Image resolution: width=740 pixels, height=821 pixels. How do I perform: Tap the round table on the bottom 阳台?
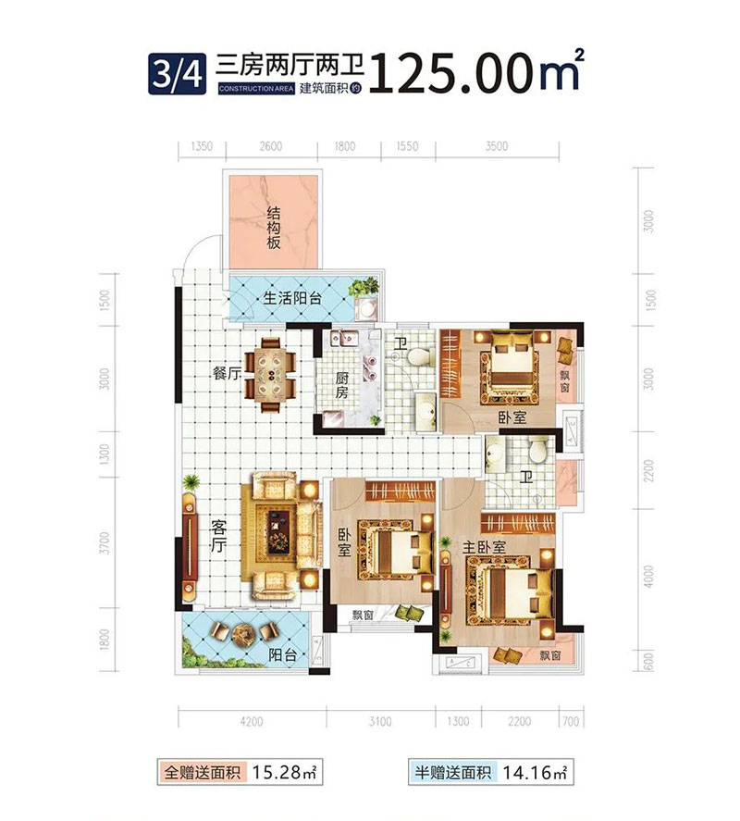click(245, 635)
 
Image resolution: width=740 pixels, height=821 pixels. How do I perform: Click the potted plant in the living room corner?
click(191, 483)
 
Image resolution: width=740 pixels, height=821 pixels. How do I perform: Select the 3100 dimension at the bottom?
click(379, 722)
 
